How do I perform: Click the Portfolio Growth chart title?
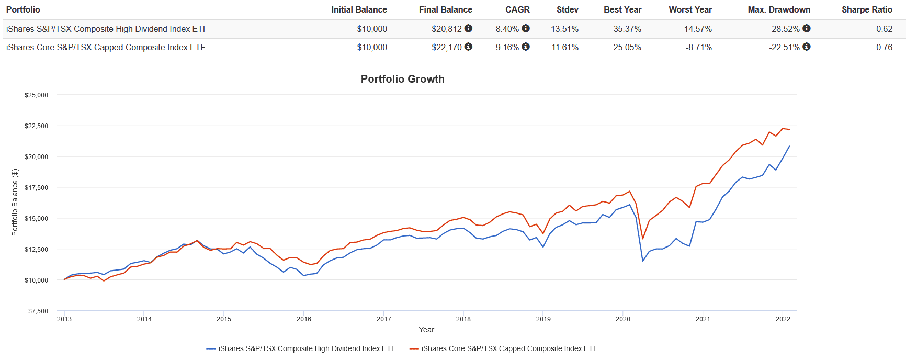[x=402, y=79]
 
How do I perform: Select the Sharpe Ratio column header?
[x=867, y=9]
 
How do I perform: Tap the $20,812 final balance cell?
[x=446, y=29]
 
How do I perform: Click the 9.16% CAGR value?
[x=507, y=47]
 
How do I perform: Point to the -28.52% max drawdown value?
[x=784, y=29]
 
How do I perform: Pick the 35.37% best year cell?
[x=627, y=29]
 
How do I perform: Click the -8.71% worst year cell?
[x=698, y=47]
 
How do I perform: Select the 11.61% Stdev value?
[x=565, y=47]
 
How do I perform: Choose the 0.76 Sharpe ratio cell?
[x=884, y=47]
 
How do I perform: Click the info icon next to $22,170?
[x=469, y=47]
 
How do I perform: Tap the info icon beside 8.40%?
[x=526, y=28]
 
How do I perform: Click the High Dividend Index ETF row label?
[x=107, y=29]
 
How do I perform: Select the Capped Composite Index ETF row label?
[x=106, y=47]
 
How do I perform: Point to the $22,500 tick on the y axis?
[x=36, y=126]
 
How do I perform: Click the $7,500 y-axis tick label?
[x=38, y=311]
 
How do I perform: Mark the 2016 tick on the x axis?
[x=304, y=319]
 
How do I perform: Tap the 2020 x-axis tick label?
[x=623, y=319]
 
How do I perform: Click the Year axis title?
[x=426, y=330]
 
